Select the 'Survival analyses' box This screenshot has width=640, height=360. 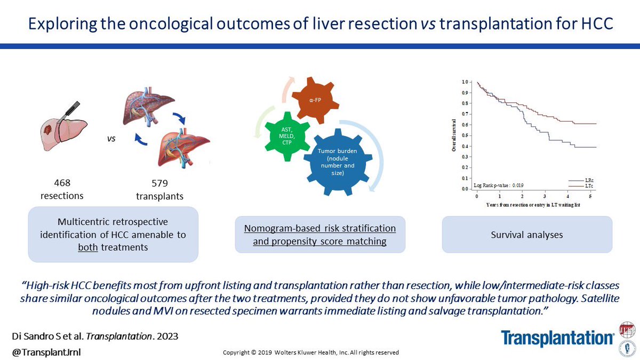click(x=526, y=234)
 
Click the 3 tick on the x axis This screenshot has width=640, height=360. click(x=546, y=196)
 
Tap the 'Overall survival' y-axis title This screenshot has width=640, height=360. click(x=454, y=135)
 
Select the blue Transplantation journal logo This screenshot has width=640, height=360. click(x=558, y=337)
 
